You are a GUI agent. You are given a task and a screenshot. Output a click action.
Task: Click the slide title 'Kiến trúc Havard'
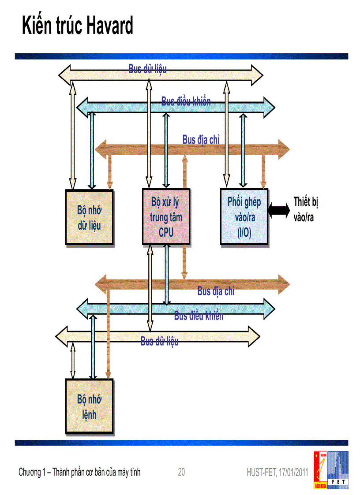[78, 26]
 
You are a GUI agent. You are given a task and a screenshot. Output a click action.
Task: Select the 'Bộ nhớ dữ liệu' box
[89, 218]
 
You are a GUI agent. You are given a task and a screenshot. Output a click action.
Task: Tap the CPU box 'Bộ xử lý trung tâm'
[166, 217]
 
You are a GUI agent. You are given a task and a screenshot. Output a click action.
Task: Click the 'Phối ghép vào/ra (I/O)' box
[244, 217]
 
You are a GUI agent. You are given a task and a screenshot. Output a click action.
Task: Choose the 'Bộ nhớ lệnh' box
[89, 407]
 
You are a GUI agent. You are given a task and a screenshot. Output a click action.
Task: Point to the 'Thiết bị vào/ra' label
[305, 209]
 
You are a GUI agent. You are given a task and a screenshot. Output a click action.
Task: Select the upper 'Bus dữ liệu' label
[147, 69]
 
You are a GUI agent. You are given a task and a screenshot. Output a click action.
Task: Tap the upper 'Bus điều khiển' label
[186, 101]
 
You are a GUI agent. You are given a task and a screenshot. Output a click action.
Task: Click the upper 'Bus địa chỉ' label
[201, 139]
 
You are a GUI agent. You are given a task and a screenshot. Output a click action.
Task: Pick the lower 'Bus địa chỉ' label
[216, 291]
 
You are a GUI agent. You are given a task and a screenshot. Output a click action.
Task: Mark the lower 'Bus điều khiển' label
[199, 316]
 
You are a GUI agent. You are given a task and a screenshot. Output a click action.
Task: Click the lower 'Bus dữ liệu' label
[159, 341]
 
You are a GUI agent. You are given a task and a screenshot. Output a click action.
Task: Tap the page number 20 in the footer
[181, 472]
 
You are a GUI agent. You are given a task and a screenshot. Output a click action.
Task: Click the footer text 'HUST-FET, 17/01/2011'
[277, 473]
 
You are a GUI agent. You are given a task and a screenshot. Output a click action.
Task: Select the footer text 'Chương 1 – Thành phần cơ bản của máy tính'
[79, 472]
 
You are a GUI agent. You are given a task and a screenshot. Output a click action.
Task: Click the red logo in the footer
[321, 470]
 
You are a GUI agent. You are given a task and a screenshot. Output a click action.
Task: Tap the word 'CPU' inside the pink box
[166, 233]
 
